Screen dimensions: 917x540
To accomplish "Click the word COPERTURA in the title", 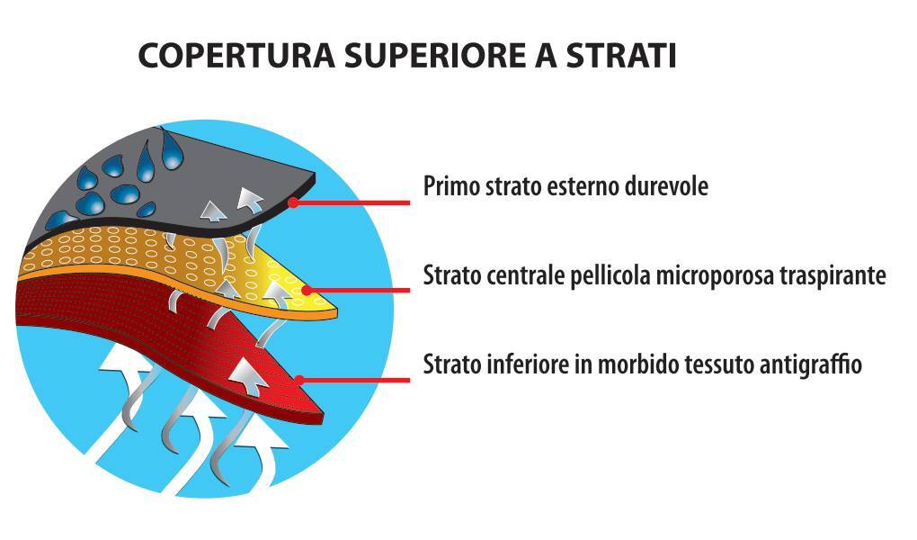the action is pos(236,56).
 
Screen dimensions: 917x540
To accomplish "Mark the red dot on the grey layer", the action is pos(294,202).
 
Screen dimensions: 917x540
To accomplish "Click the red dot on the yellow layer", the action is pos(306,290).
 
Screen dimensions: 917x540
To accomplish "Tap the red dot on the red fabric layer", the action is pos(299,380).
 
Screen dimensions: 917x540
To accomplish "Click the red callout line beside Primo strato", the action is pos(352,202).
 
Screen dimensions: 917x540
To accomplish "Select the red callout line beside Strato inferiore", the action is pos(354,380).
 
